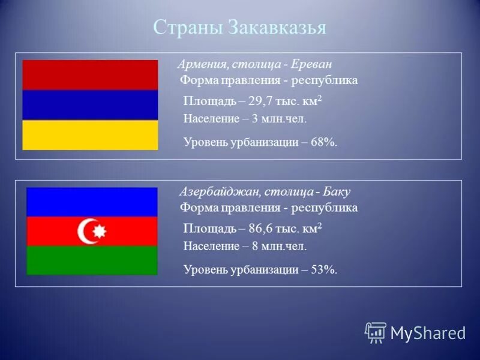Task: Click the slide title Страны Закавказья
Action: [x=239, y=28]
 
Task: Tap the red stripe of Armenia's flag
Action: [x=90, y=75]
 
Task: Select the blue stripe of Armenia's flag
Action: [x=90, y=105]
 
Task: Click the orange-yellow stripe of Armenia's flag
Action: [x=90, y=135]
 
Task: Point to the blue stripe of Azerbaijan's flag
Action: [x=92, y=202]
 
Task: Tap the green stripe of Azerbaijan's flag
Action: [x=92, y=260]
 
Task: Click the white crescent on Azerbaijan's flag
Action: [x=87, y=231]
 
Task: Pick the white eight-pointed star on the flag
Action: [x=100, y=231]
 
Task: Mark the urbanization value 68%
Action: [x=325, y=142]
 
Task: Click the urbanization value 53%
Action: [x=325, y=270]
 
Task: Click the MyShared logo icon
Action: [x=376, y=332]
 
